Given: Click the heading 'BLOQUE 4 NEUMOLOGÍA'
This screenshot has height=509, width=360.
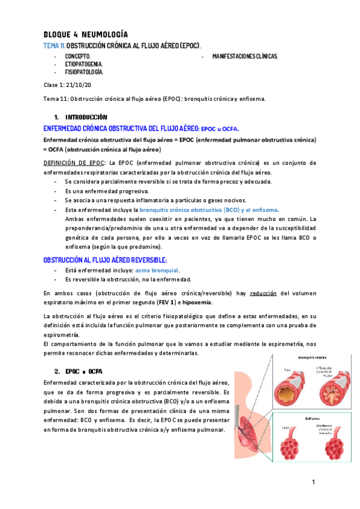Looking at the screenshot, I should tap(85, 34).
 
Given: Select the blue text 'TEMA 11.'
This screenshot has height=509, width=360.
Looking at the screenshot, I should tap(53, 46).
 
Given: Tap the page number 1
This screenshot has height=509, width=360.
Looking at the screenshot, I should tap(313, 482).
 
